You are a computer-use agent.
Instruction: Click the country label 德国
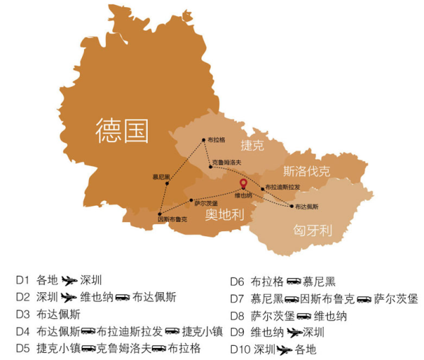point(123,130)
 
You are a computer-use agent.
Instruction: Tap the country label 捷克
point(252,146)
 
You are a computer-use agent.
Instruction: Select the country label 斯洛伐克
point(307,171)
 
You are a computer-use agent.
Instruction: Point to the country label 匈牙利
point(312,230)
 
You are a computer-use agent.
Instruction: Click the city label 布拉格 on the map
point(217,140)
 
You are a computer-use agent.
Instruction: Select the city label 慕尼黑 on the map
point(161,177)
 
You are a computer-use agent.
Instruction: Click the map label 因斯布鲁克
point(172,219)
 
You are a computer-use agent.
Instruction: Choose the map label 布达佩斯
point(306,207)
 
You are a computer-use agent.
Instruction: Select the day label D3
point(23,313)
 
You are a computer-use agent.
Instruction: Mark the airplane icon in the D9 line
point(295,332)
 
